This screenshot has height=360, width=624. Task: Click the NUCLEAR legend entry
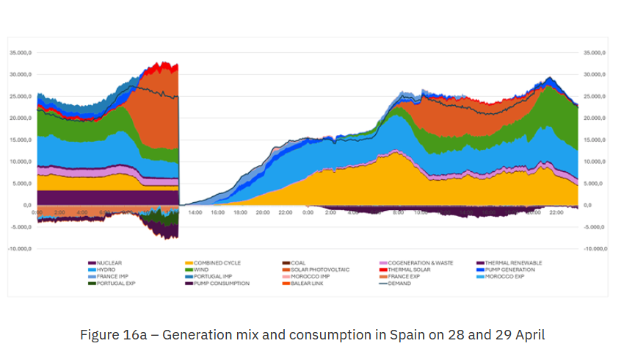(109, 263)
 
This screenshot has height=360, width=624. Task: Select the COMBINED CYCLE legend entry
(217, 263)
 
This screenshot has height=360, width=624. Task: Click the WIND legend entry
(201, 270)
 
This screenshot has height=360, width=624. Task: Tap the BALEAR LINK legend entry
(308, 284)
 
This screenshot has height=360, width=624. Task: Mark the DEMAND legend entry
(399, 284)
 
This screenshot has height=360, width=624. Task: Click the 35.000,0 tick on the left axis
(20, 53)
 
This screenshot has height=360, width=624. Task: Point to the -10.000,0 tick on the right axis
(594, 249)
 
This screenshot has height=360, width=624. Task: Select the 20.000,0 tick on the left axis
(20, 118)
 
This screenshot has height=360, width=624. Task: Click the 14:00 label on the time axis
(195, 212)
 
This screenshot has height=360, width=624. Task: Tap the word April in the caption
(528, 334)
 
